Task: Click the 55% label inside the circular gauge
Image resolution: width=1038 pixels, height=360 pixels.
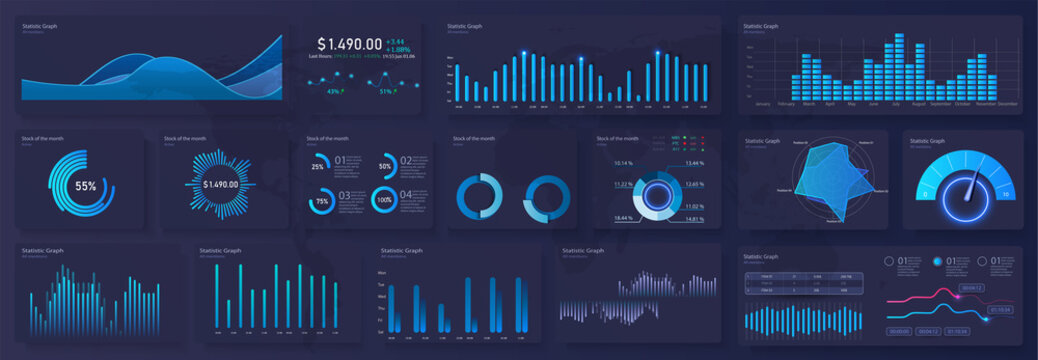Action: point(86,186)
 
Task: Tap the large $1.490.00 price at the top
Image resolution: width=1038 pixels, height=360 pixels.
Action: point(350,44)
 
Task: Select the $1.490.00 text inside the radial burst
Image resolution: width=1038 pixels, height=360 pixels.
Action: point(220,185)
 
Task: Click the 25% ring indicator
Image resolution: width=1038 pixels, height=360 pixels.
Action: point(318,166)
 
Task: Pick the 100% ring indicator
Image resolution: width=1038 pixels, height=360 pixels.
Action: point(383,200)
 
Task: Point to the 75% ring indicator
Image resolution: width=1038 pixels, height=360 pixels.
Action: point(322,201)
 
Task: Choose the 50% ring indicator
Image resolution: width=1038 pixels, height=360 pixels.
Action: point(385,166)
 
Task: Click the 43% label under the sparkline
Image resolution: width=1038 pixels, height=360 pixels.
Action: point(334,91)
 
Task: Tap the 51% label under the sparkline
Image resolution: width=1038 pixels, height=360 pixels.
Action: point(387,91)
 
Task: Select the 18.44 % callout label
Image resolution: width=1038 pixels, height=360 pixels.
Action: point(623,217)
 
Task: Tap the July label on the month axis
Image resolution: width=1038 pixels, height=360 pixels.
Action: point(897,104)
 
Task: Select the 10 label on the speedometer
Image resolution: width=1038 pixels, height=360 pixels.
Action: point(1005,193)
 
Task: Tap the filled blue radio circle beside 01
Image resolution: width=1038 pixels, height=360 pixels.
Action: point(937,261)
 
